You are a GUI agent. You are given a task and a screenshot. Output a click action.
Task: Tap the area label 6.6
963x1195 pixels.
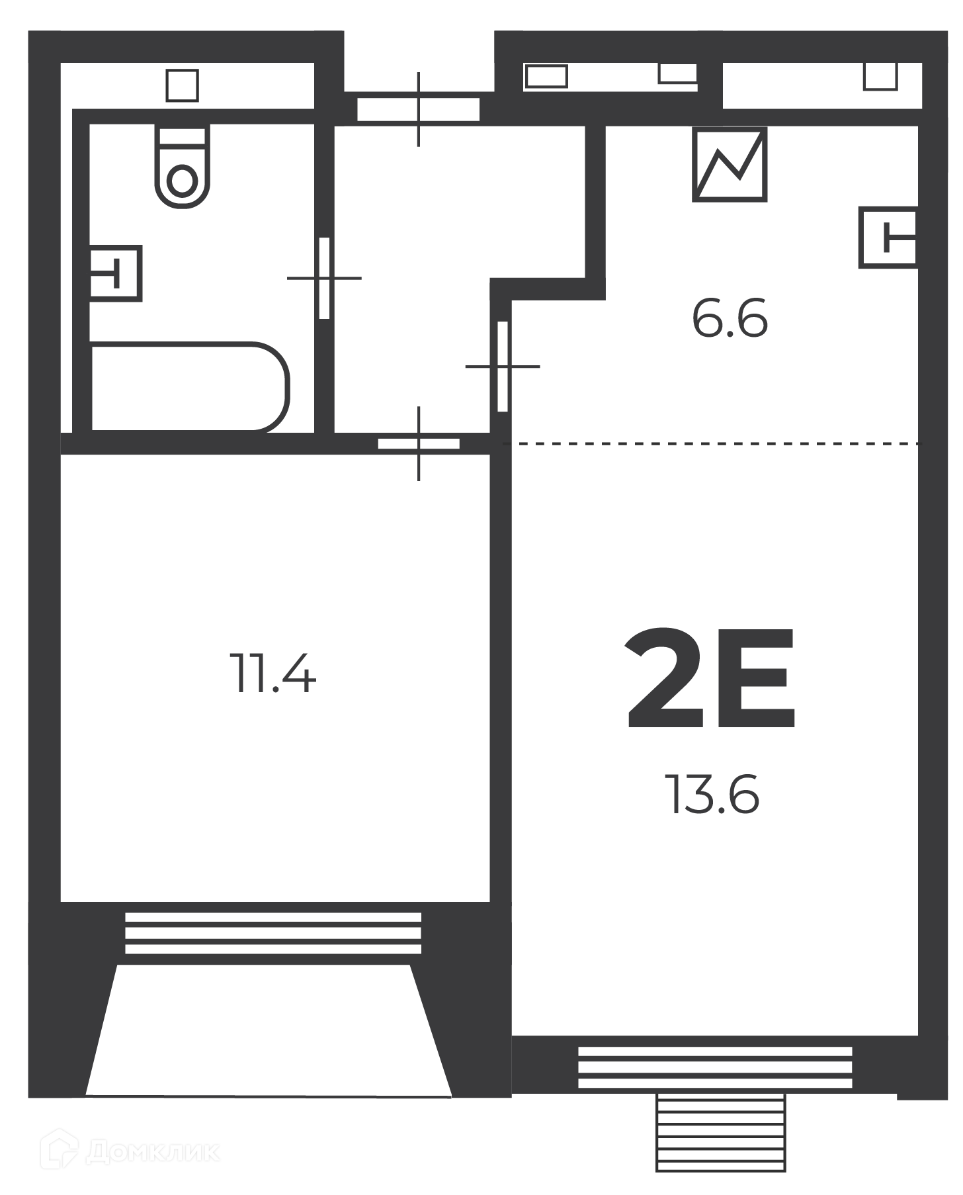[730, 319]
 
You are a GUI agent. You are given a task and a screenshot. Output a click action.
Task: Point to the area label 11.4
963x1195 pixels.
[272, 673]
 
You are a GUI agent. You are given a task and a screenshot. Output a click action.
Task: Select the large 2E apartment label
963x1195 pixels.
[711, 679]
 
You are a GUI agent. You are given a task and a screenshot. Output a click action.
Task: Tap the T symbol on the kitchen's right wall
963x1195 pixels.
[888, 238]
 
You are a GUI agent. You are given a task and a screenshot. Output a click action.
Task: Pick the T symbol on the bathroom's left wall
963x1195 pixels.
[116, 273]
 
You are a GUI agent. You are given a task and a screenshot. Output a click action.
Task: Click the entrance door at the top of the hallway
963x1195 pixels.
[418, 109]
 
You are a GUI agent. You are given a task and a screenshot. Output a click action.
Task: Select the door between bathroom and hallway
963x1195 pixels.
[324, 278]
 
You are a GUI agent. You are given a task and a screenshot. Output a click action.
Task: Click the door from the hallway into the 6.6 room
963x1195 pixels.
[503, 366]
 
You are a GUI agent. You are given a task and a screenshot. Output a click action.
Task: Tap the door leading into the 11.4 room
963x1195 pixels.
[419, 443]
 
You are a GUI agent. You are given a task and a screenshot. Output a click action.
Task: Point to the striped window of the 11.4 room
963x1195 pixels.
[273, 934]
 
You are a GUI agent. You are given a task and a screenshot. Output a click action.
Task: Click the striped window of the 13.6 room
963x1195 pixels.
[715, 1067]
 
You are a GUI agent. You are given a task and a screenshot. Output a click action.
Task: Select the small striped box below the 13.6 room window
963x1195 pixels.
[720, 1132]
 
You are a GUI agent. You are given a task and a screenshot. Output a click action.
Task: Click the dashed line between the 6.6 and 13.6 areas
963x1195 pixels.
[711, 444]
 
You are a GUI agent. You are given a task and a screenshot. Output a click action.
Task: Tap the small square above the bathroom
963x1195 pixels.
[182, 85]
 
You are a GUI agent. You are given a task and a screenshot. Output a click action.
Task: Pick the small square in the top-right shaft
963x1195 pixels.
[881, 76]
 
